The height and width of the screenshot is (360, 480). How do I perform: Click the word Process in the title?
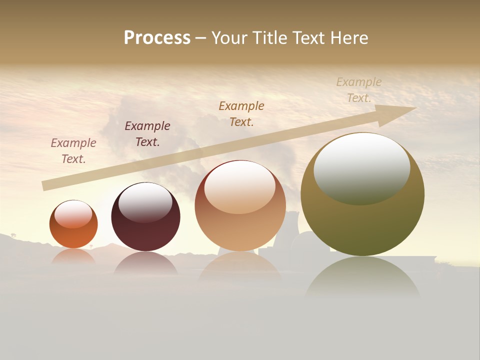tap(157, 38)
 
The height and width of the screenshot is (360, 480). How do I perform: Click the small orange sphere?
tap(73, 235)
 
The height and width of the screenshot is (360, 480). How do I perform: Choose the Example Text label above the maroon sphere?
tap(147, 134)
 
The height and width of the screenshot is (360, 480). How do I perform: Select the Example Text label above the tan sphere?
tap(241, 114)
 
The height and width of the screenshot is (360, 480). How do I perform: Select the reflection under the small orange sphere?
tap(73, 256)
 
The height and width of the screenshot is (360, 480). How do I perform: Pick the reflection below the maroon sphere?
tap(145, 263)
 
